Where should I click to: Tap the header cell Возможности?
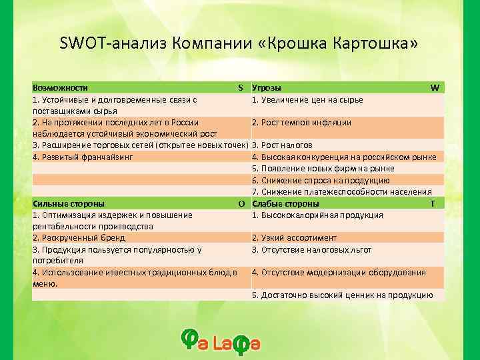(61, 88)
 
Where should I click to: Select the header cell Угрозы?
(266, 88)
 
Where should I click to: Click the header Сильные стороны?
(69, 203)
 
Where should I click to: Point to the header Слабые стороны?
(285, 203)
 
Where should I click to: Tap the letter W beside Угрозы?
(435, 88)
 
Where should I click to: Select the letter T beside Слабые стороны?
(433, 203)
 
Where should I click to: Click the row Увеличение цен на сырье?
(307, 100)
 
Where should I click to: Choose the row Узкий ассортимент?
(294, 238)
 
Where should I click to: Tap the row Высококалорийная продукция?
(317, 215)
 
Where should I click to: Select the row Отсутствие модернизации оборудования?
(339, 272)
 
